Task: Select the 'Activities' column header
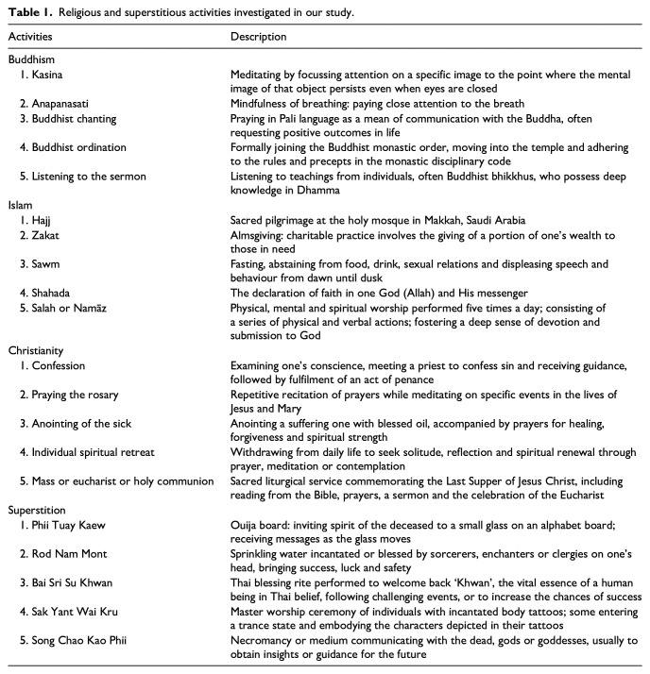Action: click(x=33, y=37)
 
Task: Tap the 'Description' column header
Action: click(x=259, y=37)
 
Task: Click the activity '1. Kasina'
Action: click(x=42, y=74)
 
